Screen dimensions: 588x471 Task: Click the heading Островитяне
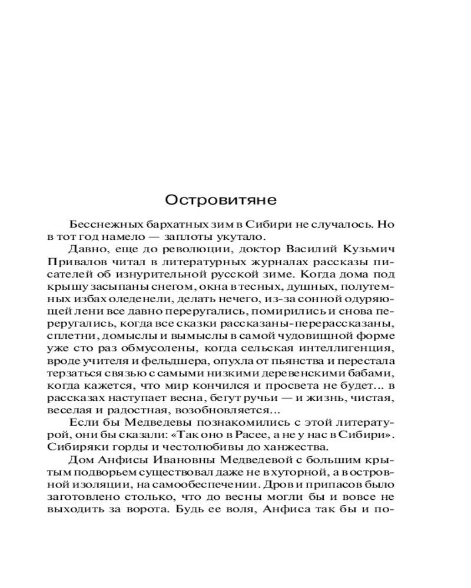point(221,200)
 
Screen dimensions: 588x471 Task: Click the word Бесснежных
point(104,225)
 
